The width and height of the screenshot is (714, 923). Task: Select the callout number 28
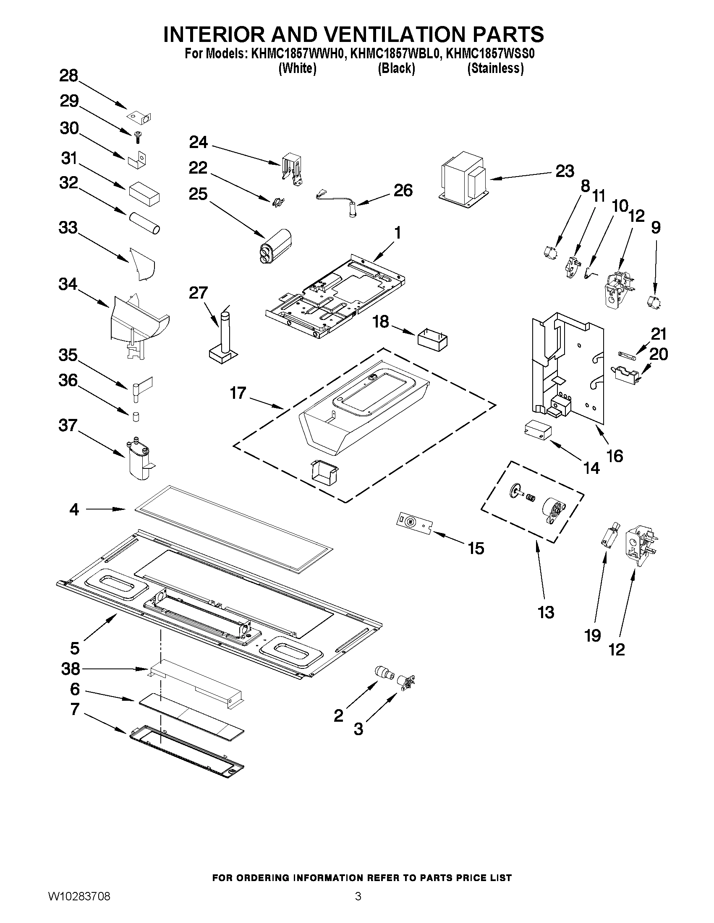69,76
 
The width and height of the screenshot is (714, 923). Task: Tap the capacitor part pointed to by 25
275,247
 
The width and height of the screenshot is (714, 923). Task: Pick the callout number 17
238,393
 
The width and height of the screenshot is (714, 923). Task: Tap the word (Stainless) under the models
495,68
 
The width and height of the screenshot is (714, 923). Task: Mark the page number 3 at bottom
358,907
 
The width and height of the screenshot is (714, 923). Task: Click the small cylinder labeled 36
136,417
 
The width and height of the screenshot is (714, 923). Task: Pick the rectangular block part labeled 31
144,194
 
